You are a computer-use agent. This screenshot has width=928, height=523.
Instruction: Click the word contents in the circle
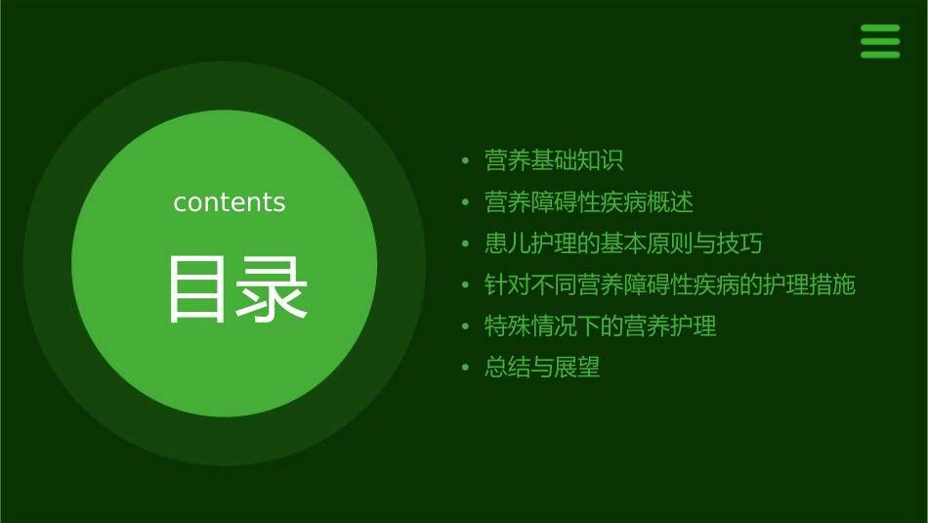click(230, 202)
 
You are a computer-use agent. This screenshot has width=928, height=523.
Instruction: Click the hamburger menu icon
click(879, 41)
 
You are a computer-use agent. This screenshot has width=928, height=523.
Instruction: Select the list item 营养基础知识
click(554, 160)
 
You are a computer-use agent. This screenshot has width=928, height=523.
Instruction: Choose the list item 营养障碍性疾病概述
click(589, 202)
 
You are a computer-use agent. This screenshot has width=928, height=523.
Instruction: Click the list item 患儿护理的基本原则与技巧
click(623, 243)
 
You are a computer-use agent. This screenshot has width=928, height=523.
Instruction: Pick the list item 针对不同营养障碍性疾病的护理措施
click(670, 284)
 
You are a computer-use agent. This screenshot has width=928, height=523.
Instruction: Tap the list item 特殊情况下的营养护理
click(601, 327)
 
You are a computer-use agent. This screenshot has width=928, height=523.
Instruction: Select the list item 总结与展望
click(542, 368)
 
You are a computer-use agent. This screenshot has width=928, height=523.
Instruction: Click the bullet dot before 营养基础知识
click(466, 161)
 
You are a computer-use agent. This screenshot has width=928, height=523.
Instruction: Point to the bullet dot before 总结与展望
click(466, 369)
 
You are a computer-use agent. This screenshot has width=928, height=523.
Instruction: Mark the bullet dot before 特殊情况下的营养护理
click(466, 327)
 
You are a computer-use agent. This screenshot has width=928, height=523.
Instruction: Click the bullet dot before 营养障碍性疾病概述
click(466, 203)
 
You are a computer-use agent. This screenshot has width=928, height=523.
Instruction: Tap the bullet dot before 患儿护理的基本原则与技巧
click(466, 244)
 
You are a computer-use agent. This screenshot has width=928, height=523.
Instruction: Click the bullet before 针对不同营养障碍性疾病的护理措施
click(466, 285)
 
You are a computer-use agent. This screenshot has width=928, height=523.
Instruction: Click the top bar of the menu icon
click(879, 28)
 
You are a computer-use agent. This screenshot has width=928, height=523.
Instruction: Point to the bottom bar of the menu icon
click(879, 54)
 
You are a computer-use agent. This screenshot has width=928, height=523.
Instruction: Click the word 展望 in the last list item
click(577, 368)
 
